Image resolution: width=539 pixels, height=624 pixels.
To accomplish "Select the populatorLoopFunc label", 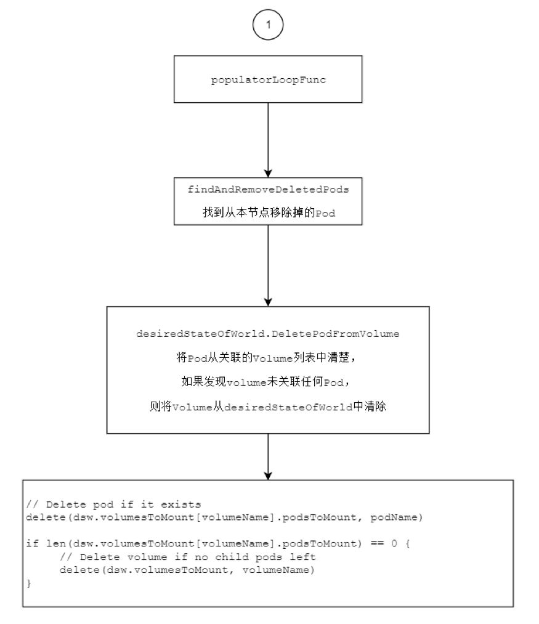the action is point(269,79).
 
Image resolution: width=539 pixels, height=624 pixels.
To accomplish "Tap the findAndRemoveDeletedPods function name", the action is point(269,190).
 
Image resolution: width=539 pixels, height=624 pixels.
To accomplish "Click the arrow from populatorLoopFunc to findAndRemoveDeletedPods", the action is point(268,140).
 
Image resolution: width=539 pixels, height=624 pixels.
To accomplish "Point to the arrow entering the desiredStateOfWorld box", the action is point(268,265).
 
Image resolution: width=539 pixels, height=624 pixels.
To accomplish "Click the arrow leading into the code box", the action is point(268,456).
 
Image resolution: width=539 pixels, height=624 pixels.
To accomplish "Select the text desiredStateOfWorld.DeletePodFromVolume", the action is point(268,333).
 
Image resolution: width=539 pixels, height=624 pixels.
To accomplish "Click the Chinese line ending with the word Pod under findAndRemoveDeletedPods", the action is point(269,213).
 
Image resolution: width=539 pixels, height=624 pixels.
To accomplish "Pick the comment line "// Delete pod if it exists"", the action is point(113,504).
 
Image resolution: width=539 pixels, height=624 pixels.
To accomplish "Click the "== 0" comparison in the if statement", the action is point(384,543).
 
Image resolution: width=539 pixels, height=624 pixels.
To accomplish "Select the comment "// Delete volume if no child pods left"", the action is point(188,557).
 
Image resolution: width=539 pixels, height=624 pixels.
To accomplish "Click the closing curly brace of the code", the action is point(29,583).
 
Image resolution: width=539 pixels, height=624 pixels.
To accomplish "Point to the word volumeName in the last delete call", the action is point(276,570).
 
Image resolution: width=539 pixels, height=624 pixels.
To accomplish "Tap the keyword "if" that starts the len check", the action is point(33,543).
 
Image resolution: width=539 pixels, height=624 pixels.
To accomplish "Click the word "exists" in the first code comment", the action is point(180,504).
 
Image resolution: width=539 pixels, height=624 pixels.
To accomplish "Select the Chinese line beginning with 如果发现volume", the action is point(266,382).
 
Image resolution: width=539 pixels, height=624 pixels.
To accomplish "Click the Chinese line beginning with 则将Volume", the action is point(268,407).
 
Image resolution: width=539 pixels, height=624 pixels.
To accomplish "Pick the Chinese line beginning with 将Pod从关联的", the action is point(266,357).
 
